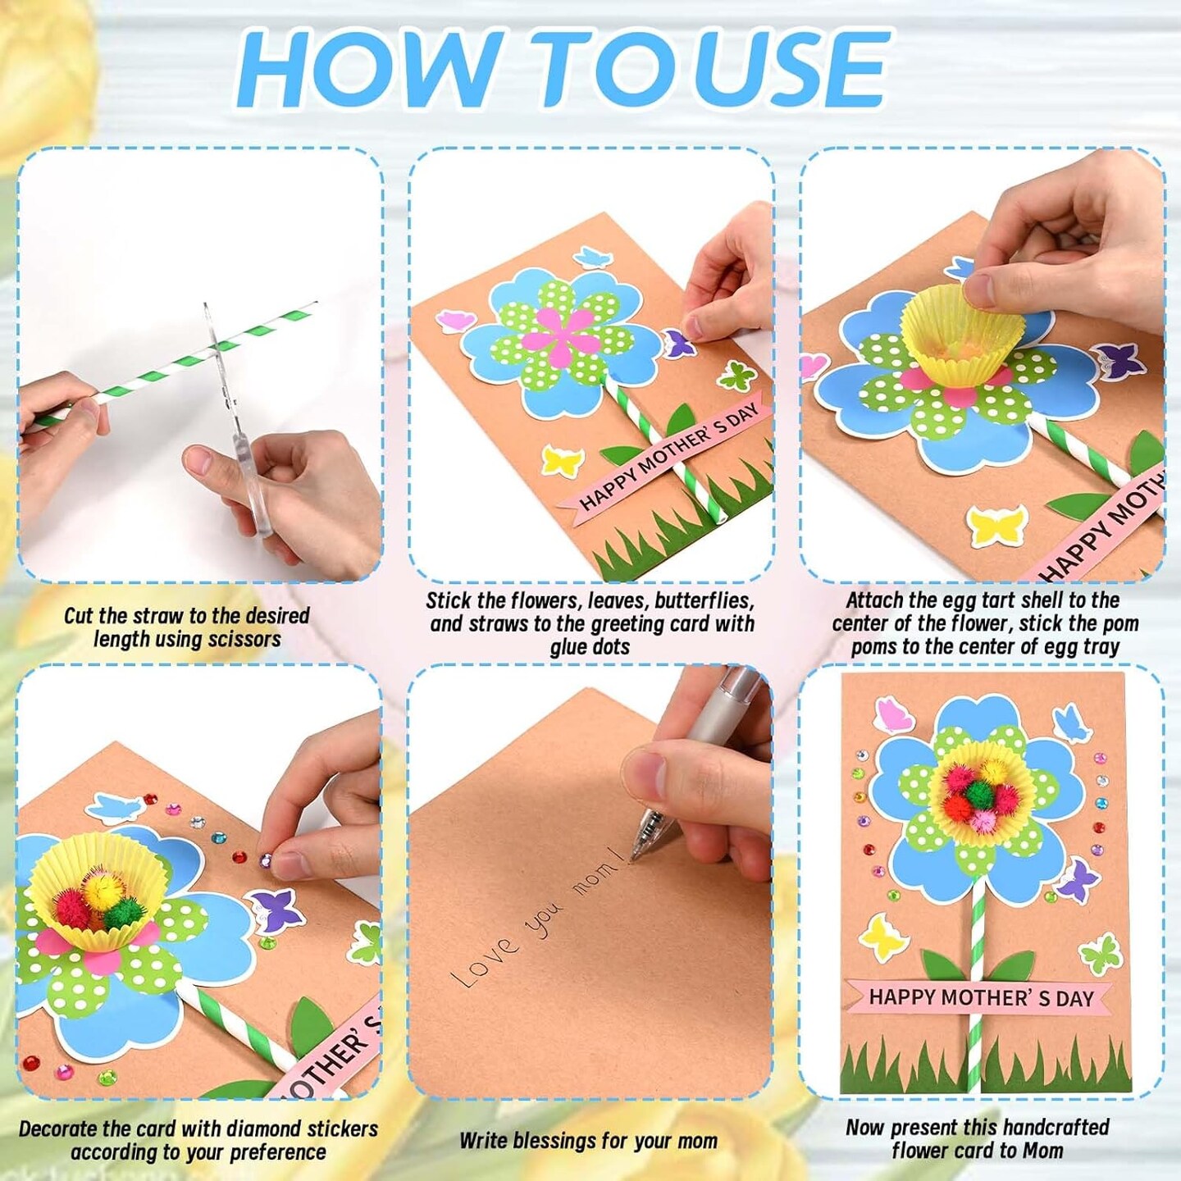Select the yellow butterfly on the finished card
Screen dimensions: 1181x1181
tap(882, 935)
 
